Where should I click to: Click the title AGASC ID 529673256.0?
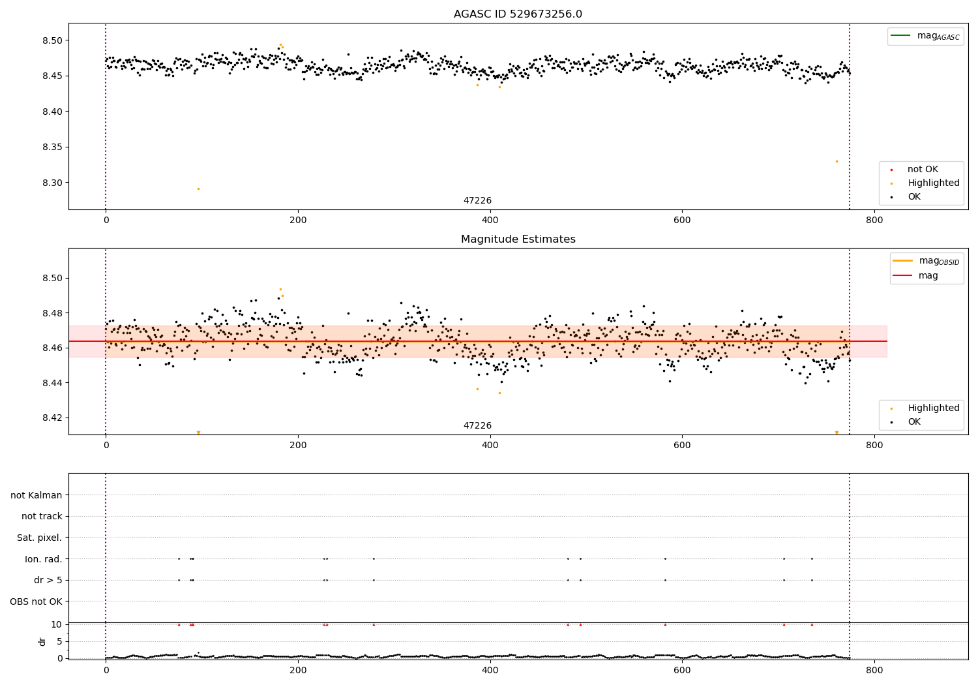pyautogui.click(x=518, y=14)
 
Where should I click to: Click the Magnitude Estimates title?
pyautogui.click(x=518, y=239)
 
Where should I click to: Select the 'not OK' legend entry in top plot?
pyautogui.click(x=923, y=170)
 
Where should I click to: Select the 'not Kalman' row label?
pyautogui.click(x=37, y=495)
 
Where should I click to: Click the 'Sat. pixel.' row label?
pyautogui.click(x=39, y=538)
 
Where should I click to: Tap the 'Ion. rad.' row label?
pyautogui.click(x=44, y=559)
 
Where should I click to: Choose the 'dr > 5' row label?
pyautogui.click(x=48, y=580)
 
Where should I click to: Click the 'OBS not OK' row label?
pyautogui.click(x=36, y=601)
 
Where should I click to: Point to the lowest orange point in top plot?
pyautogui.click(x=198, y=189)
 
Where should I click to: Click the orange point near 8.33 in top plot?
pyautogui.click(x=837, y=161)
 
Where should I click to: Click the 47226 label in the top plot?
pyautogui.click(x=477, y=201)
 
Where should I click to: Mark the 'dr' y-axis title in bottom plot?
pyautogui.click(x=42, y=641)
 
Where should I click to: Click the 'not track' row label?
pyautogui.click(x=42, y=516)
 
